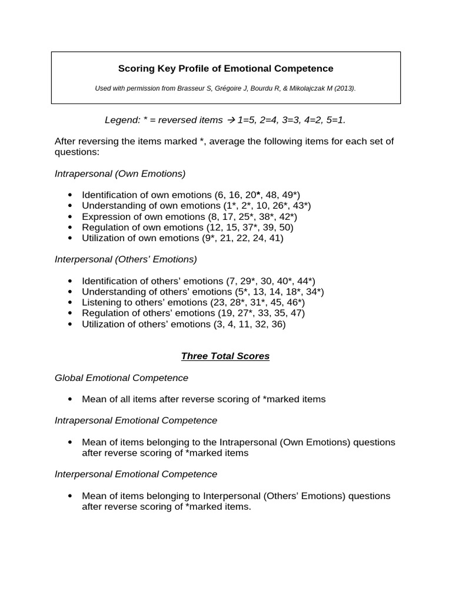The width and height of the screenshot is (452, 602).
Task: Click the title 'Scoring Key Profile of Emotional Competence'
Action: pos(225,69)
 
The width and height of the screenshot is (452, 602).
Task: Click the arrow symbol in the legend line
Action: pos(230,120)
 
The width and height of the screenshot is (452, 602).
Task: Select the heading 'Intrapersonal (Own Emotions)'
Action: pos(120,173)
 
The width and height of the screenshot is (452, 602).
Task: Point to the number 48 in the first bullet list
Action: pos(271,195)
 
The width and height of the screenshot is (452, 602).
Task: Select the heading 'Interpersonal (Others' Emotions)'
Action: pos(126,259)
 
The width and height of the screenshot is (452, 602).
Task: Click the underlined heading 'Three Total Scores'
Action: pos(225,356)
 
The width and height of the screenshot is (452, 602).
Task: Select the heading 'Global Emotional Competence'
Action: pos(122,377)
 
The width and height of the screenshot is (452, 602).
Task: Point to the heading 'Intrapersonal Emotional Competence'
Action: pos(136,420)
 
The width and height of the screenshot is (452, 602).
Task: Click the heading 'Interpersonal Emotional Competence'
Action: pos(136,474)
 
